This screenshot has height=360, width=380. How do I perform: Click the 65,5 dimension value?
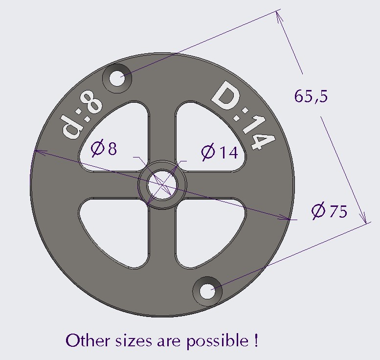point(311,96)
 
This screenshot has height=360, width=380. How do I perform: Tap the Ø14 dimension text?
point(219,153)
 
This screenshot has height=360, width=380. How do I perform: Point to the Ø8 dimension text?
point(104,148)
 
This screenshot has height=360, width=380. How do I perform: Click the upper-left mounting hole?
point(117,78)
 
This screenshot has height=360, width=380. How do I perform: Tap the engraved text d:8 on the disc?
point(82,117)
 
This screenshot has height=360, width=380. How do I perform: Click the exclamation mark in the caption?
point(256,340)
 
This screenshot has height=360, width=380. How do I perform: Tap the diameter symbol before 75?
point(318,211)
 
